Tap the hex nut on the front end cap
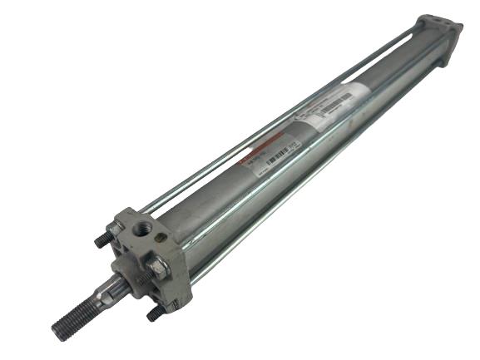158,268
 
